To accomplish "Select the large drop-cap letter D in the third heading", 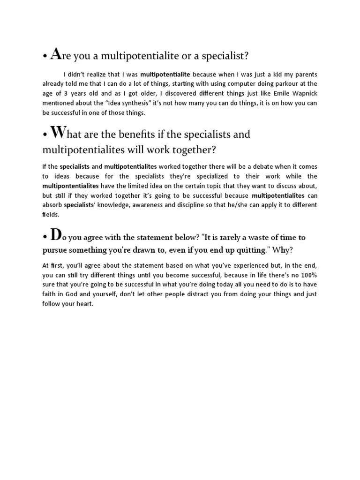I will point(56,234).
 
